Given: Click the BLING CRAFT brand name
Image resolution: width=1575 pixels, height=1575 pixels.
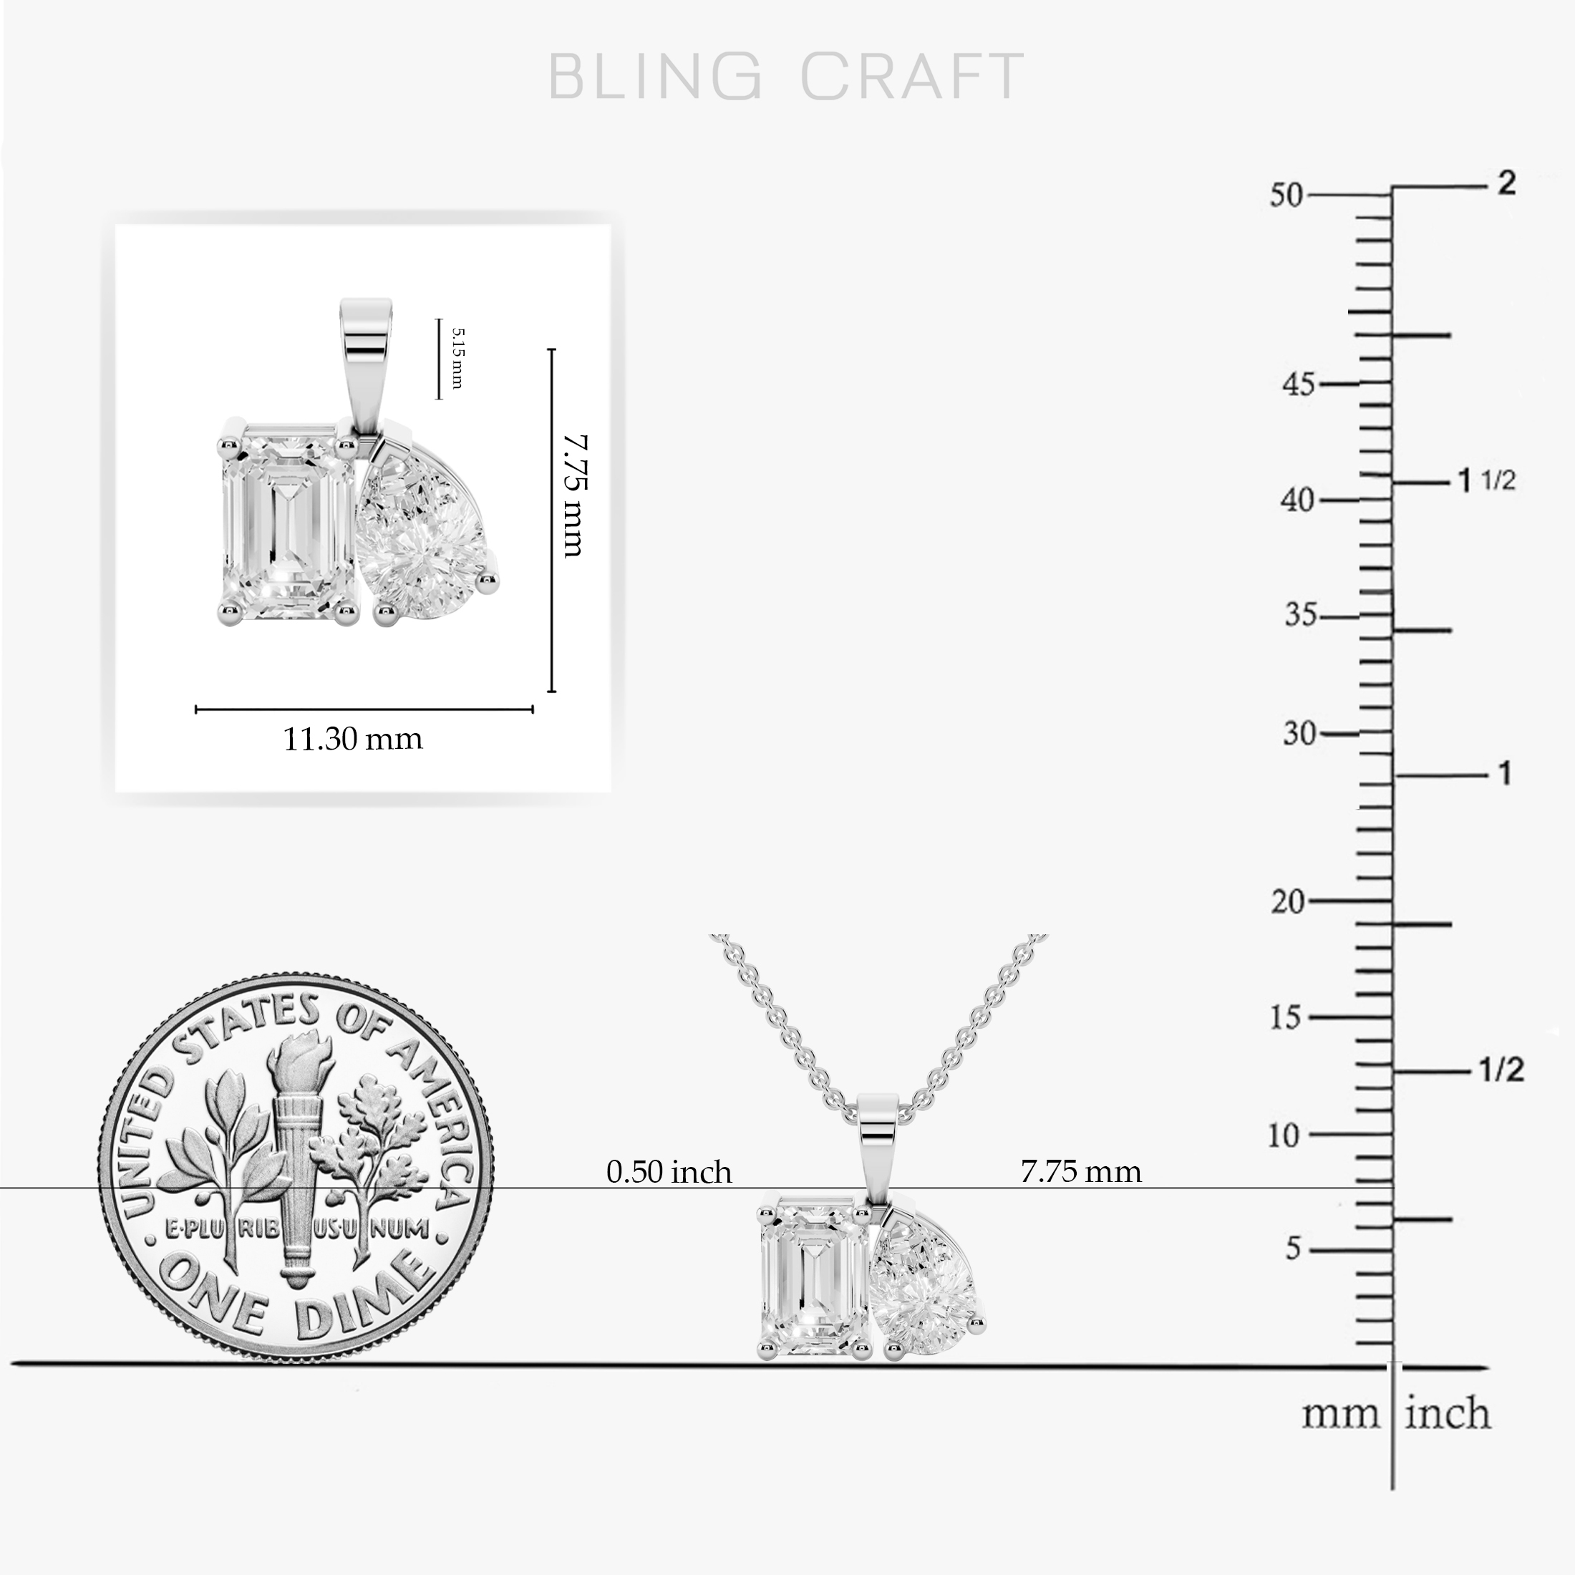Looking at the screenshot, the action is [x=787, y=77].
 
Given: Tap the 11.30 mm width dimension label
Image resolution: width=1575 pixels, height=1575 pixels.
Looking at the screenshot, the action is [x=353, y=740].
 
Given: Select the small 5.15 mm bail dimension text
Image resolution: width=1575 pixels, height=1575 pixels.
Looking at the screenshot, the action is [x=457, y=359].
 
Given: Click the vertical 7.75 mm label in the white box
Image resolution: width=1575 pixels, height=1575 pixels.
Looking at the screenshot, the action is [x=575, y=495].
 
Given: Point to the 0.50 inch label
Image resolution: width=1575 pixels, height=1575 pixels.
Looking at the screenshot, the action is [x=669, y=1172].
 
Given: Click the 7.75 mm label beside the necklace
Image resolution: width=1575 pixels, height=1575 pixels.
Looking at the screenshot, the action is [x=1081, y=1172].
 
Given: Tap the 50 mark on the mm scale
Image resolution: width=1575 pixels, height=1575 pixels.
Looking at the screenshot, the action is [x=1287, y=195].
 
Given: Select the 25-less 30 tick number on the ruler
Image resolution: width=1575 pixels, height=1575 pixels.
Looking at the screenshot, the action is [x=1299, y=734].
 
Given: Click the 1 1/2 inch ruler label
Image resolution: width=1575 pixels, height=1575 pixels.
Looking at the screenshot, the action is [x=1486, y=481].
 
